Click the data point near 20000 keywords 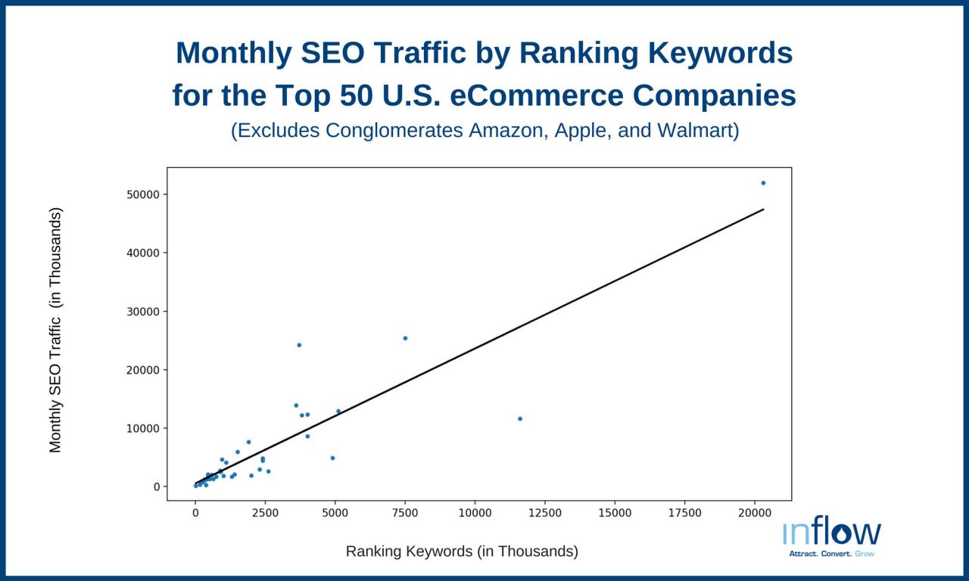763,183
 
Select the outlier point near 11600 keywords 520,418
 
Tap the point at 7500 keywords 405,338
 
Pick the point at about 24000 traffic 299,345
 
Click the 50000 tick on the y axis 143,194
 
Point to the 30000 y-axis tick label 143,312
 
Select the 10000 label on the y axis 143,428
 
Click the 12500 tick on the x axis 544,513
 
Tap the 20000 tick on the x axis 754,513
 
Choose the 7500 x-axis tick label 405,513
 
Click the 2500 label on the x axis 265,513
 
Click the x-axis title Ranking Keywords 462,551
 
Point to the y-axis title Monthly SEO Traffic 55,330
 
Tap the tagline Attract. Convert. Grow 831,554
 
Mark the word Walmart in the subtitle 696,131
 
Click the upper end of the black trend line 762,210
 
